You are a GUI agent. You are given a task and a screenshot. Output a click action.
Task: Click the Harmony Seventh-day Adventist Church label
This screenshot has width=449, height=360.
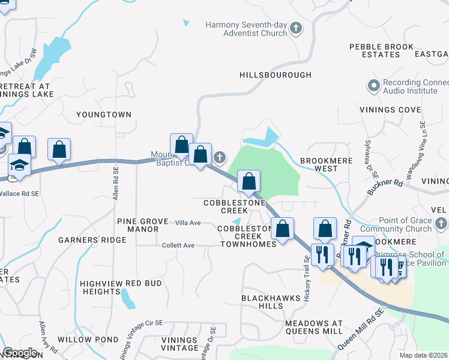point(246,29)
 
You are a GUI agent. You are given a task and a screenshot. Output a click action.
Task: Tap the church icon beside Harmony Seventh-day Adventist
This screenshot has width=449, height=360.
point(295,28)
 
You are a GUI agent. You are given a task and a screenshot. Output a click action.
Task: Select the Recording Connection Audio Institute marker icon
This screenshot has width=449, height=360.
point(373,85)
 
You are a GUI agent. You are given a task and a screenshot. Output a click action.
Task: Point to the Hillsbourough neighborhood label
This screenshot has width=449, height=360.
point(276,75)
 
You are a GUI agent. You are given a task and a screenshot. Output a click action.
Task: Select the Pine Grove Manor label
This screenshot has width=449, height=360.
point(142,226)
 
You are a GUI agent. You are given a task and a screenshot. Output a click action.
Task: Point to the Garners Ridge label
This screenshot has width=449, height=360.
point(92,240)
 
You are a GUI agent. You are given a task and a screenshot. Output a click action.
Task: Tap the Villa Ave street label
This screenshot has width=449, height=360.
point(188,223)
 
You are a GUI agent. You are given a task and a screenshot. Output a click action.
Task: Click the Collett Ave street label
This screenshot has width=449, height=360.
point(178,245)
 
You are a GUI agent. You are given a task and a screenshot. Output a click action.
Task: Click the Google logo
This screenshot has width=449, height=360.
point(20,353)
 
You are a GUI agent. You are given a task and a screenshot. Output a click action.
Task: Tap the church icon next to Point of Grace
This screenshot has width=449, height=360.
point(441,224)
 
